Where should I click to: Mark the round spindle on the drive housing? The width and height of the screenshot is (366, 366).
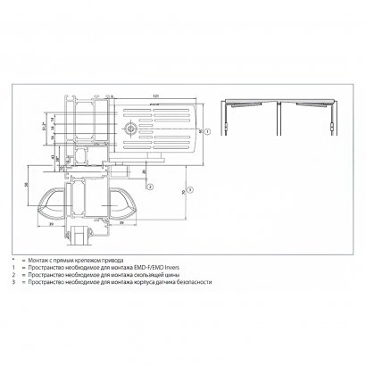131,129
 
